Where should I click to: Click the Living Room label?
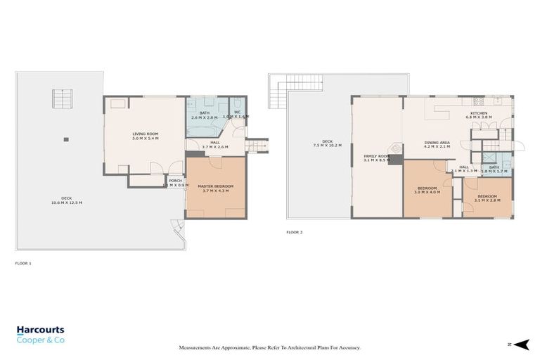tap(146, 136)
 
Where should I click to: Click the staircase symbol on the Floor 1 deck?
tap(62, 99)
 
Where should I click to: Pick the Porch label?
tap(175, 182)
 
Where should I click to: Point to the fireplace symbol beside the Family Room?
tap(394, 149)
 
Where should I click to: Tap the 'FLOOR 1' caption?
tap(23, 263)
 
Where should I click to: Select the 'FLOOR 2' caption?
tap(295, 232)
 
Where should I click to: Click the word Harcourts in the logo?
tap(41, 329)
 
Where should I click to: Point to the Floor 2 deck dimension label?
tap(327, 146)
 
